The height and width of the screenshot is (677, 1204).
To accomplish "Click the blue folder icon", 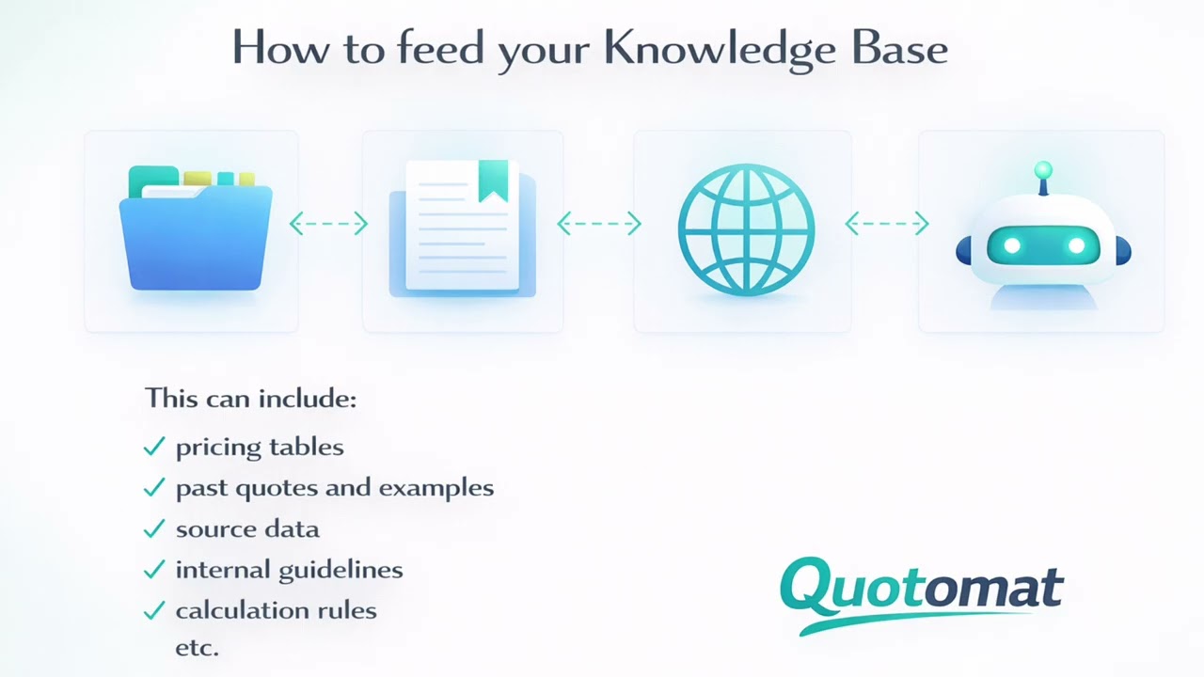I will point(195,230).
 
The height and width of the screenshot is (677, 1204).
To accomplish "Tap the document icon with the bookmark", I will point(461,228).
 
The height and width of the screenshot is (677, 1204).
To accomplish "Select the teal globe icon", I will point(745,230).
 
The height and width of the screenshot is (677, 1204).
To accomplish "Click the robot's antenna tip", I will point(1042,170).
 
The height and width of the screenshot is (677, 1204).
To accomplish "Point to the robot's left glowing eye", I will point(1012,246).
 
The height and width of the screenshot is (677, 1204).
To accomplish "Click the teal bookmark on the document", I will point(493,180).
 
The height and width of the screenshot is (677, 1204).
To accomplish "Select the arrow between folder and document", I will point(328,223).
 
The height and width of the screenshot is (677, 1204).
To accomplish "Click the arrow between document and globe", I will point(599,223).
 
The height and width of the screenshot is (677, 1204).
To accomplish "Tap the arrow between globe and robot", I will point(886,223).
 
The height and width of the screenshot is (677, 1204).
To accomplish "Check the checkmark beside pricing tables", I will point(154,448).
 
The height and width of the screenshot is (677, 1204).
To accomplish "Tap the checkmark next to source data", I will point(154,529).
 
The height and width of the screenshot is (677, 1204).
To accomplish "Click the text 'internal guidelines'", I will point(289,570).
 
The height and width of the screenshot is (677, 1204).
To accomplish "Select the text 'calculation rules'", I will point(276,611).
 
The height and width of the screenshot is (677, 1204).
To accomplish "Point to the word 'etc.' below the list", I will point(197,648).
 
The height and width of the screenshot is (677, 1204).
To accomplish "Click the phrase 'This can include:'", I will point(250,399).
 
